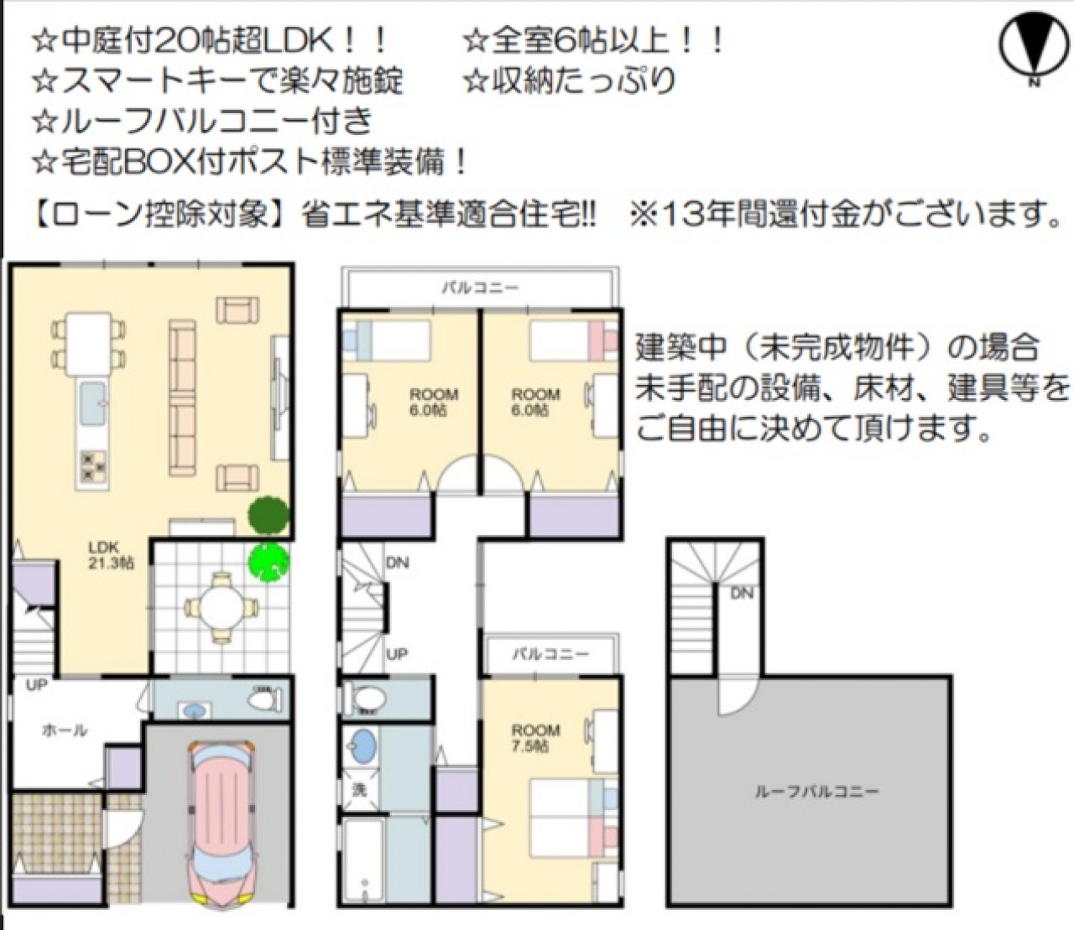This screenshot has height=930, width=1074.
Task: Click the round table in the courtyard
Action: pyautogui.click(x=222, y=606)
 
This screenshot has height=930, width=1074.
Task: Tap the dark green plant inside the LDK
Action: pyautogui.click(x=268, y=515)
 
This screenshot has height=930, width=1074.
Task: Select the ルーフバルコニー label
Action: pyautogui.click(x=816, y=792)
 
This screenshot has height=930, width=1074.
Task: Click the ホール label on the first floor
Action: pyautogui.click(x=65, y=730)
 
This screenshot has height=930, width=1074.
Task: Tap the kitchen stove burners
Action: pyautogui.click(x=92, y=465)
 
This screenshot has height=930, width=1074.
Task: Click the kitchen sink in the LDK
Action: pyautogui.click(x=93, y=403)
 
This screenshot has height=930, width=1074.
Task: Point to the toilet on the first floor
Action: pyautogui.click(x=266, y=699)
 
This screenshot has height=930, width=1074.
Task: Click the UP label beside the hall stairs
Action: pyautogui.click(x=36, y=685)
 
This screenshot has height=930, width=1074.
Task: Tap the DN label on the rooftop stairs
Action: pyautogui.click(x=742, y=593)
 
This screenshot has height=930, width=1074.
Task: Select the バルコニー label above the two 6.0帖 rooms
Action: pyautogui.click(x=480, y=287)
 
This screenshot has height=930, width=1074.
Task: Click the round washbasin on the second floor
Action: pyautogui.click(x=362, y=745)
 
